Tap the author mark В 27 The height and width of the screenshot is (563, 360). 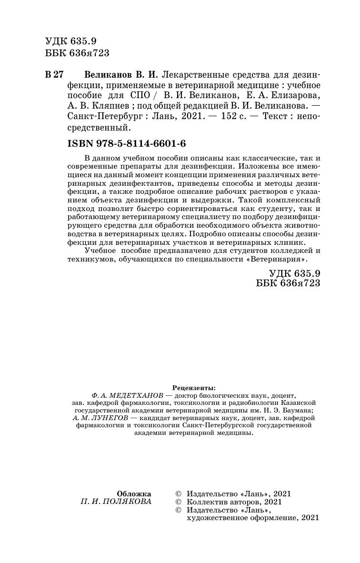[53, 75]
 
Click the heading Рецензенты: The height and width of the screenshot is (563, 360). [193, 388]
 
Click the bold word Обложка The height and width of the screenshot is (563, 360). [134, 494]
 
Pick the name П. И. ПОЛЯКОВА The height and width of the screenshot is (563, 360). [117, 502]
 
